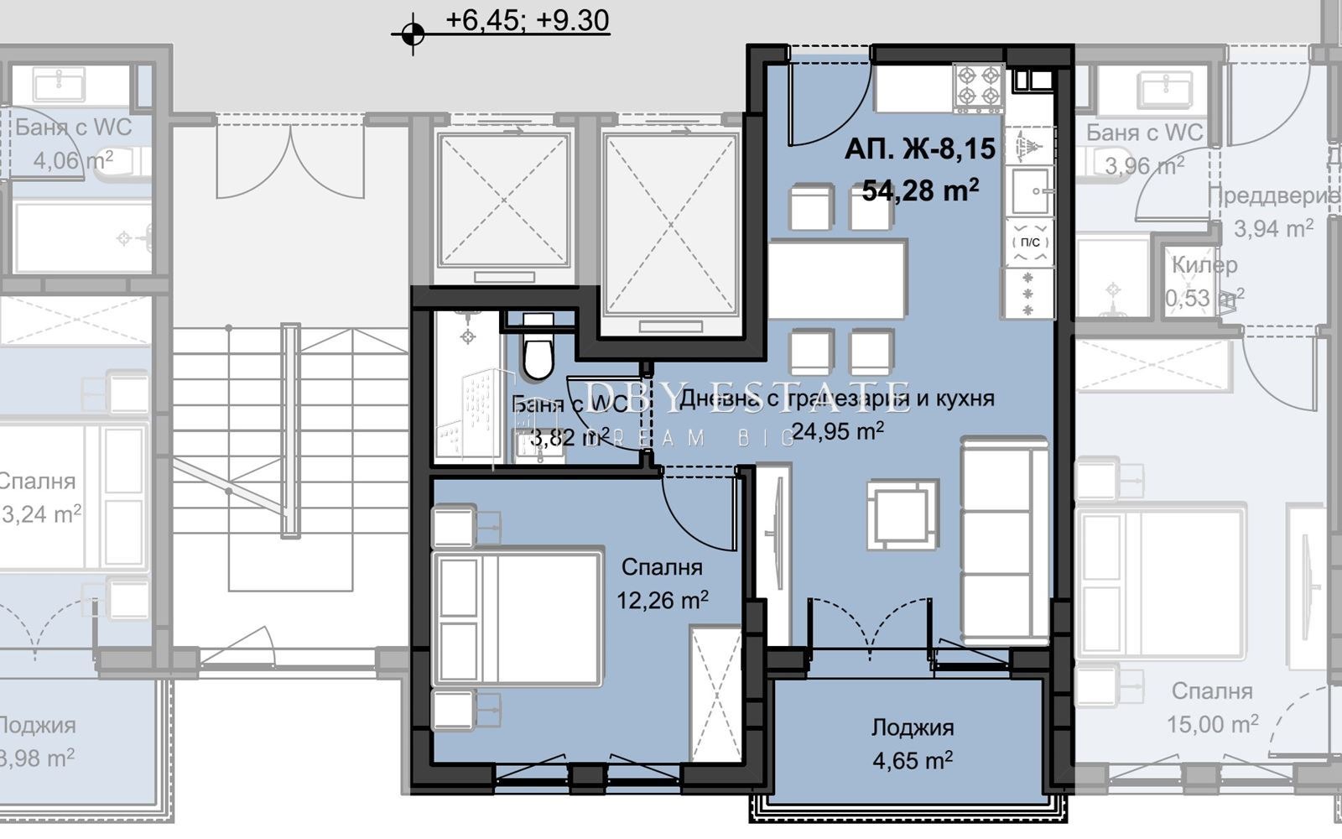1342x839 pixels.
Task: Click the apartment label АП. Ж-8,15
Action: [920, 149]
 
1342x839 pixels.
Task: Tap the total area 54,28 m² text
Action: [920, 191]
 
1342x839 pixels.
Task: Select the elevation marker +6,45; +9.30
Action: [527, 20]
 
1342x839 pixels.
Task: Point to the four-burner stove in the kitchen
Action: [978, 86]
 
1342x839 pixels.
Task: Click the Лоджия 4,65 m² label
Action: [912, 727]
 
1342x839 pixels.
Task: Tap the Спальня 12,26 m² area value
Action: [662, 601]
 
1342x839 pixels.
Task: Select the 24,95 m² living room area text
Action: [836, 432]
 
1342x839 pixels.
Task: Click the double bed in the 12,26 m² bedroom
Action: [516, 617]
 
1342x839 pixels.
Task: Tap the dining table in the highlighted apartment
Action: [836, 279]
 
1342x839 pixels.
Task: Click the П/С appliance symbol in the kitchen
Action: [1029, 242]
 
